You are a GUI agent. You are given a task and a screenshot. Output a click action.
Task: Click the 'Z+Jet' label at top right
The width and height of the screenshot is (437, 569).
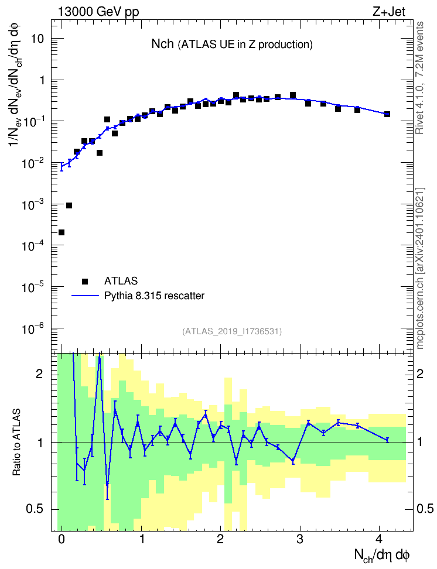(x=389, y=12)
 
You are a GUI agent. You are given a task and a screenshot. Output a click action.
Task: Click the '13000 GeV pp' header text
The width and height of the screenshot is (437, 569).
(x=98, y=12)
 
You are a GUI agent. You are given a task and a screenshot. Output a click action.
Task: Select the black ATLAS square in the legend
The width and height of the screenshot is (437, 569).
(x=85, y=281)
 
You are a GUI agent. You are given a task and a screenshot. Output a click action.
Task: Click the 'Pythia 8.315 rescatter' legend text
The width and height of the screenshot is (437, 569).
(x=155, y=296)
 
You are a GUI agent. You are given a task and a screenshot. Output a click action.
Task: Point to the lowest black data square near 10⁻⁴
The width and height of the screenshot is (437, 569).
(x=62, y=232)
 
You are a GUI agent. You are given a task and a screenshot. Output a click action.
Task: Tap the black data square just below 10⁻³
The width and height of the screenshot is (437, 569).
(x=69, y=205)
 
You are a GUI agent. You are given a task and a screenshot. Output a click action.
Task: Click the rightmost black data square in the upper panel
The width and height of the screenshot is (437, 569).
(x=387, y=114)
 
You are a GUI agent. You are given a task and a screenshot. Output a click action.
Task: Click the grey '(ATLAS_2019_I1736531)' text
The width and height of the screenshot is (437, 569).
(x=232, y=331)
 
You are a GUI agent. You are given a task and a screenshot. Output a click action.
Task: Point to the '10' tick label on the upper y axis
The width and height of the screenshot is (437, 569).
(x=37, y=39)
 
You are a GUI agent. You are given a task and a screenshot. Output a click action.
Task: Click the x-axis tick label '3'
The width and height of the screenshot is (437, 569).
(x=300, y=539)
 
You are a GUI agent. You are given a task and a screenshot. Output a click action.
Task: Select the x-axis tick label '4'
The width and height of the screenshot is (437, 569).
(x=379, y=539)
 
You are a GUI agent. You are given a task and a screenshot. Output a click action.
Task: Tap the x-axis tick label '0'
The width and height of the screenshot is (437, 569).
(x=62, y=539)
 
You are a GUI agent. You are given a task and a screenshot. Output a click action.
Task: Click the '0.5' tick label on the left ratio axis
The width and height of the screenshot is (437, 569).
(x=35, y=509)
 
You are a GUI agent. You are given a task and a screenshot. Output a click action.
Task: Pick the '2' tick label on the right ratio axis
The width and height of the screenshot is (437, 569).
(x=420, y=374)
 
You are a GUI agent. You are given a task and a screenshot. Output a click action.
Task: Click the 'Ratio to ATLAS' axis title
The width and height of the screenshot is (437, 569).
(x=16, y=442)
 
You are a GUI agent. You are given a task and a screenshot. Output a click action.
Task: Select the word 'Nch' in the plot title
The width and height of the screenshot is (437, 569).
(x=162, y=44)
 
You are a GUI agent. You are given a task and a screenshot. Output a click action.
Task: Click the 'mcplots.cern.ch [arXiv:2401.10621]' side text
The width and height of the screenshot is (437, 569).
(x=420, y=268)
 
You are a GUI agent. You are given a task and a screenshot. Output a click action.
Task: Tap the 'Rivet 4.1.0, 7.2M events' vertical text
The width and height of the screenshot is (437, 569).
(x=419, y=78)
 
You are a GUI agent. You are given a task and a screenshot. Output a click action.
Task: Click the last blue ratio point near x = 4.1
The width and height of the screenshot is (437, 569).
(x=387, y=440)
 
